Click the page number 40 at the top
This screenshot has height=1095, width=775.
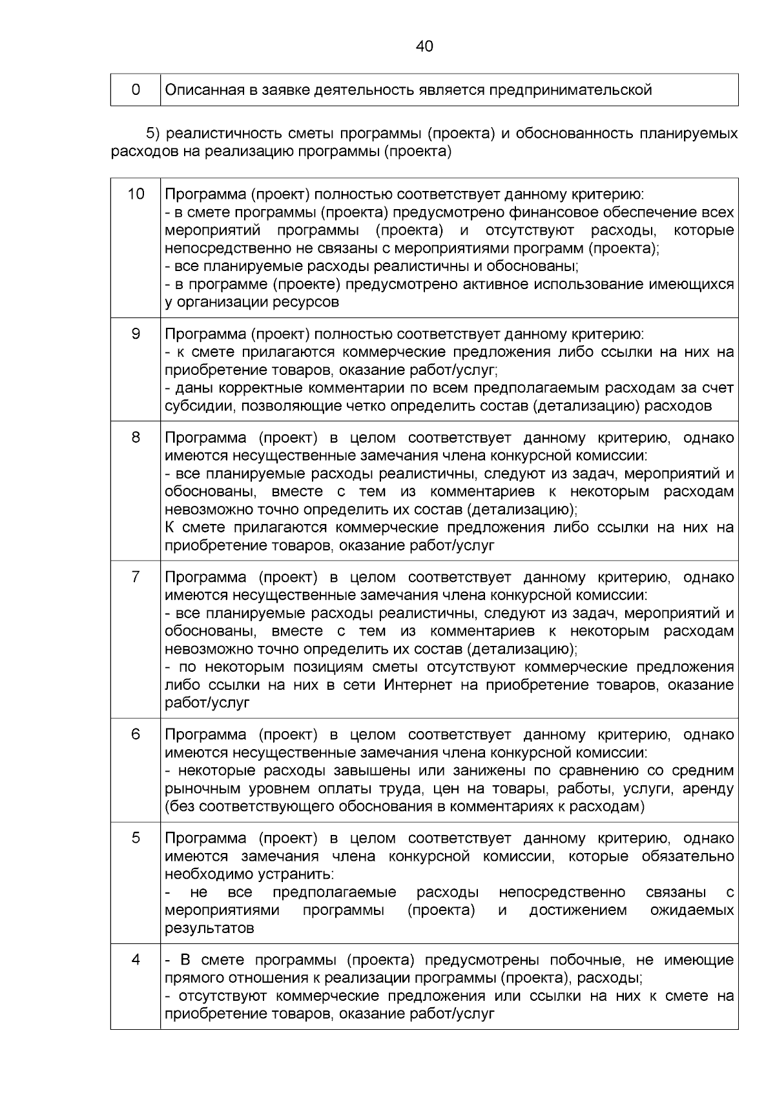click(x=424, y=46)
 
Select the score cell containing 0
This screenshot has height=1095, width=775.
click(x=136, y=90)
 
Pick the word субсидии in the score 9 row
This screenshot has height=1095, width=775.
click(x=192, y=407)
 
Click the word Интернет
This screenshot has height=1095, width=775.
click(x=418, y=685)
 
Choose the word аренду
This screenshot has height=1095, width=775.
click(x=708, y=789)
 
